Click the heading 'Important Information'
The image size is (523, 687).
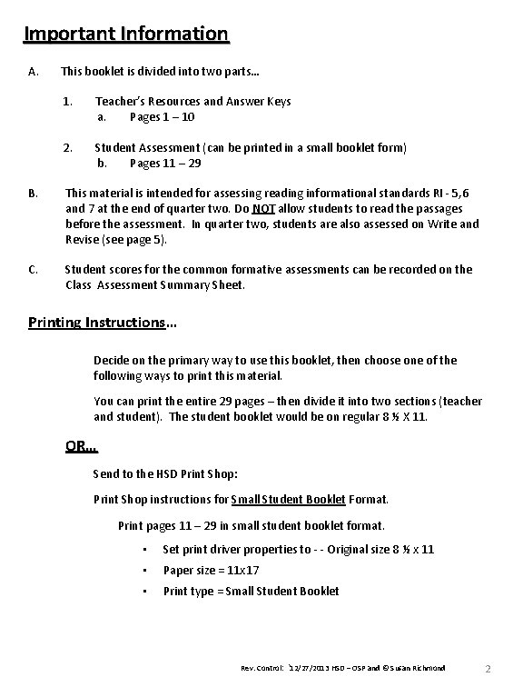pos(126,35)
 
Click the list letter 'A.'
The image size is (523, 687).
pos(33,72)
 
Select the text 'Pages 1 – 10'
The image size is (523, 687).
pos(162,117)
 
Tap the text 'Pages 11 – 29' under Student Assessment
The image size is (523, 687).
pos(165,164)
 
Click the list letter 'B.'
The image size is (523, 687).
pos(34,194)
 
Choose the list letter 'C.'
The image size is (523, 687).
pos(34,269)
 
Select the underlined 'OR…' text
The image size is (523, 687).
pos(82,445)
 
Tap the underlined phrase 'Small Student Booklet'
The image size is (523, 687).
pos(288,499)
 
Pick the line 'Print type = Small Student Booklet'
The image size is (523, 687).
pos(251,591)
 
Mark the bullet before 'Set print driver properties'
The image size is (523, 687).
pos(144,549)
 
